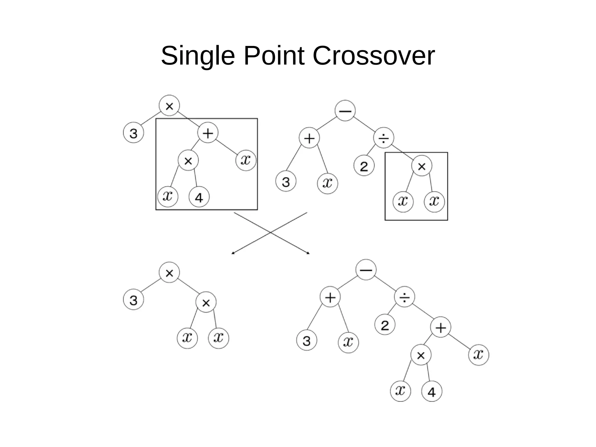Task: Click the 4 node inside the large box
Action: point(199,197)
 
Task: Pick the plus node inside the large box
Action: point(208,133)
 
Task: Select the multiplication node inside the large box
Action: point(188,160)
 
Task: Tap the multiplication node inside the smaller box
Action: point(422,166)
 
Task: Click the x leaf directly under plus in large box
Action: point(246,160)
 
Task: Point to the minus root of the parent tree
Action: point(345,111)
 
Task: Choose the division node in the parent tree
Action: point(384,138)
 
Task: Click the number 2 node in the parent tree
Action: point(364,166)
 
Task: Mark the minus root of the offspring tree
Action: point(366,270)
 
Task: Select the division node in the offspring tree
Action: point(405,297)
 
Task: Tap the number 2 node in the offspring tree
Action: point(385,325)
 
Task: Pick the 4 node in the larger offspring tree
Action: point(432,392)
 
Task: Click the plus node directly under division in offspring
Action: point(441,327)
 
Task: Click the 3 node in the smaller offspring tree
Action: point(133,300)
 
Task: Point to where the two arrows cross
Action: point(271,233)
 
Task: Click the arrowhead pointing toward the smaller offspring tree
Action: point(232,253)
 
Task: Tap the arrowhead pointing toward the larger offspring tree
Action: point(309,253)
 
